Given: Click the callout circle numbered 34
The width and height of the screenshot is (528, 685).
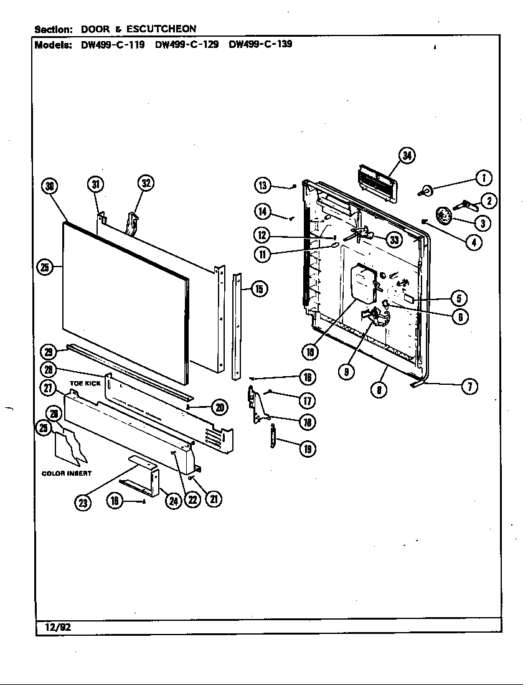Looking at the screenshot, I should pos(407,156).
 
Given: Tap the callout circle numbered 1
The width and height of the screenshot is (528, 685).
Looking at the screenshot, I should pos(483,178).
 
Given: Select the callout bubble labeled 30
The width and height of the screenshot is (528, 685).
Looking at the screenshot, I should pos(50,185).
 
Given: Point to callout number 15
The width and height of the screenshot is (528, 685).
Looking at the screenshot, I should pos(259,288).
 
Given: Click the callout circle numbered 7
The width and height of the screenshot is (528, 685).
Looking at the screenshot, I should pos(469,386).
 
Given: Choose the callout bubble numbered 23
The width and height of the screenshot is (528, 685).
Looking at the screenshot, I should pos(83,503).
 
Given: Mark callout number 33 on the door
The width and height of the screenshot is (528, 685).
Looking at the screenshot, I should pos(394,239).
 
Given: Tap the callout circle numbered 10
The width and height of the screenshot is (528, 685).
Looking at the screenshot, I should pos(309,352).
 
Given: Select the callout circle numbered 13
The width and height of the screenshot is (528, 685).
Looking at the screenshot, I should pos(263,184).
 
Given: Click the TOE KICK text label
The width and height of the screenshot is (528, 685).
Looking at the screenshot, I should pos(85,384).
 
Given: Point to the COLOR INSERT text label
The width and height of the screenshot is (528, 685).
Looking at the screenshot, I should pos(67,473).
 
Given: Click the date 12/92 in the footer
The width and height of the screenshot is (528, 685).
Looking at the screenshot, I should pos(57,627).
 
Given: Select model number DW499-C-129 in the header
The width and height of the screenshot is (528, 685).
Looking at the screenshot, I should pos(186,45).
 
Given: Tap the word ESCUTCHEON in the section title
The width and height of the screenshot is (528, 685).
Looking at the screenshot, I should pos(162,29).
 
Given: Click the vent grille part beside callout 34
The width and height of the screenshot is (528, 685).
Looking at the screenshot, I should pos(377,184).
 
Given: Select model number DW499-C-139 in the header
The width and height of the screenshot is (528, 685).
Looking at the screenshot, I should pos(260,45).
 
